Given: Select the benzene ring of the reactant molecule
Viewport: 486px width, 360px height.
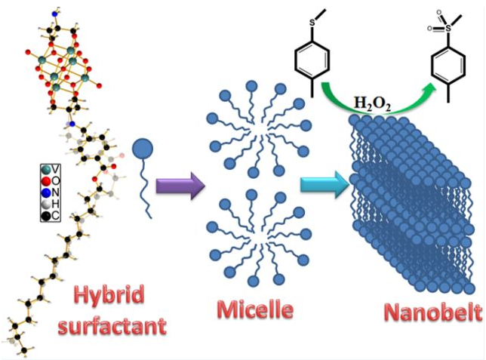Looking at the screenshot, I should click(311, 60).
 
